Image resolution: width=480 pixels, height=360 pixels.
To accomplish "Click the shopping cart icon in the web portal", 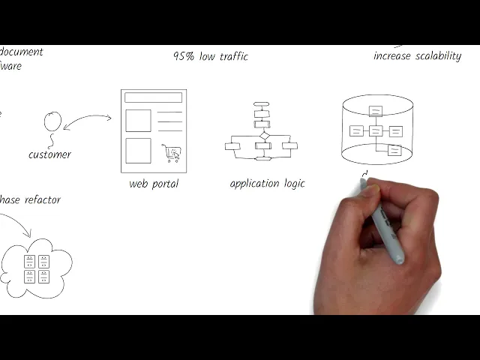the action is pos(171,153).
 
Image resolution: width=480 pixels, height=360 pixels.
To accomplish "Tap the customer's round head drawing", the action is pos(52,121).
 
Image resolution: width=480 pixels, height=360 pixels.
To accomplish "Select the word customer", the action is pos(49,154).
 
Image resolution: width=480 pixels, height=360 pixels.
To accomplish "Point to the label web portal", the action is pos(154,184).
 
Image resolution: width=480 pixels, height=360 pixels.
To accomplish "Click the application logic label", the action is pos(267,184).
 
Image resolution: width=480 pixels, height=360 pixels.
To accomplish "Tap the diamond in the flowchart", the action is pos(262,136).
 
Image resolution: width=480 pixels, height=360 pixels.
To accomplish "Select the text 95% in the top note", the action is pos(184,56).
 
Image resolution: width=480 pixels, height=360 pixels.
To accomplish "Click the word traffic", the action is pos(231,56).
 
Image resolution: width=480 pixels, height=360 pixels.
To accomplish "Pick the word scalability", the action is pos(439,56).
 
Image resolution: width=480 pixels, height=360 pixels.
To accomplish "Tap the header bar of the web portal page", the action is pos(153,97).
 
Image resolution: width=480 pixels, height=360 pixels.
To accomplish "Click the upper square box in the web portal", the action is pos(138,120).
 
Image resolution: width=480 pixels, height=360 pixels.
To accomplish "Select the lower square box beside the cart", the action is pos(138,150).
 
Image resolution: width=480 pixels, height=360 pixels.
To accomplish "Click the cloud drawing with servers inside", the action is pos(37,268).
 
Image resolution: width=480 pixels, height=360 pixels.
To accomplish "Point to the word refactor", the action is pos(43,200).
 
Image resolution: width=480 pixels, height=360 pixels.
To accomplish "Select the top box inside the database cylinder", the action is pos(376,111).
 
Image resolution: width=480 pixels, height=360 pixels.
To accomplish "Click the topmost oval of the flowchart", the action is pos(261,104).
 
